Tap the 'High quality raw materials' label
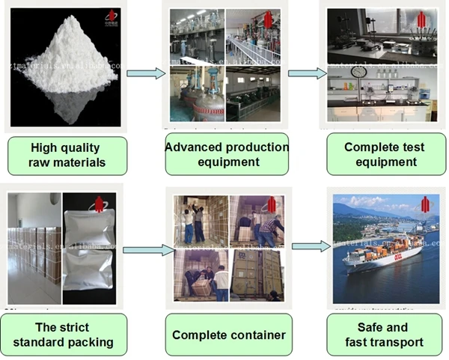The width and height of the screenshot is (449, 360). point(67,155)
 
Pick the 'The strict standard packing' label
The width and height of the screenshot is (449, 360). point(64,335)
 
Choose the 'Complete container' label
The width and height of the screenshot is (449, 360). point(229,335)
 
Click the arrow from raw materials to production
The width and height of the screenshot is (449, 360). point(146,73)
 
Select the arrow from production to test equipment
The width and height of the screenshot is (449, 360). point(307,73)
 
